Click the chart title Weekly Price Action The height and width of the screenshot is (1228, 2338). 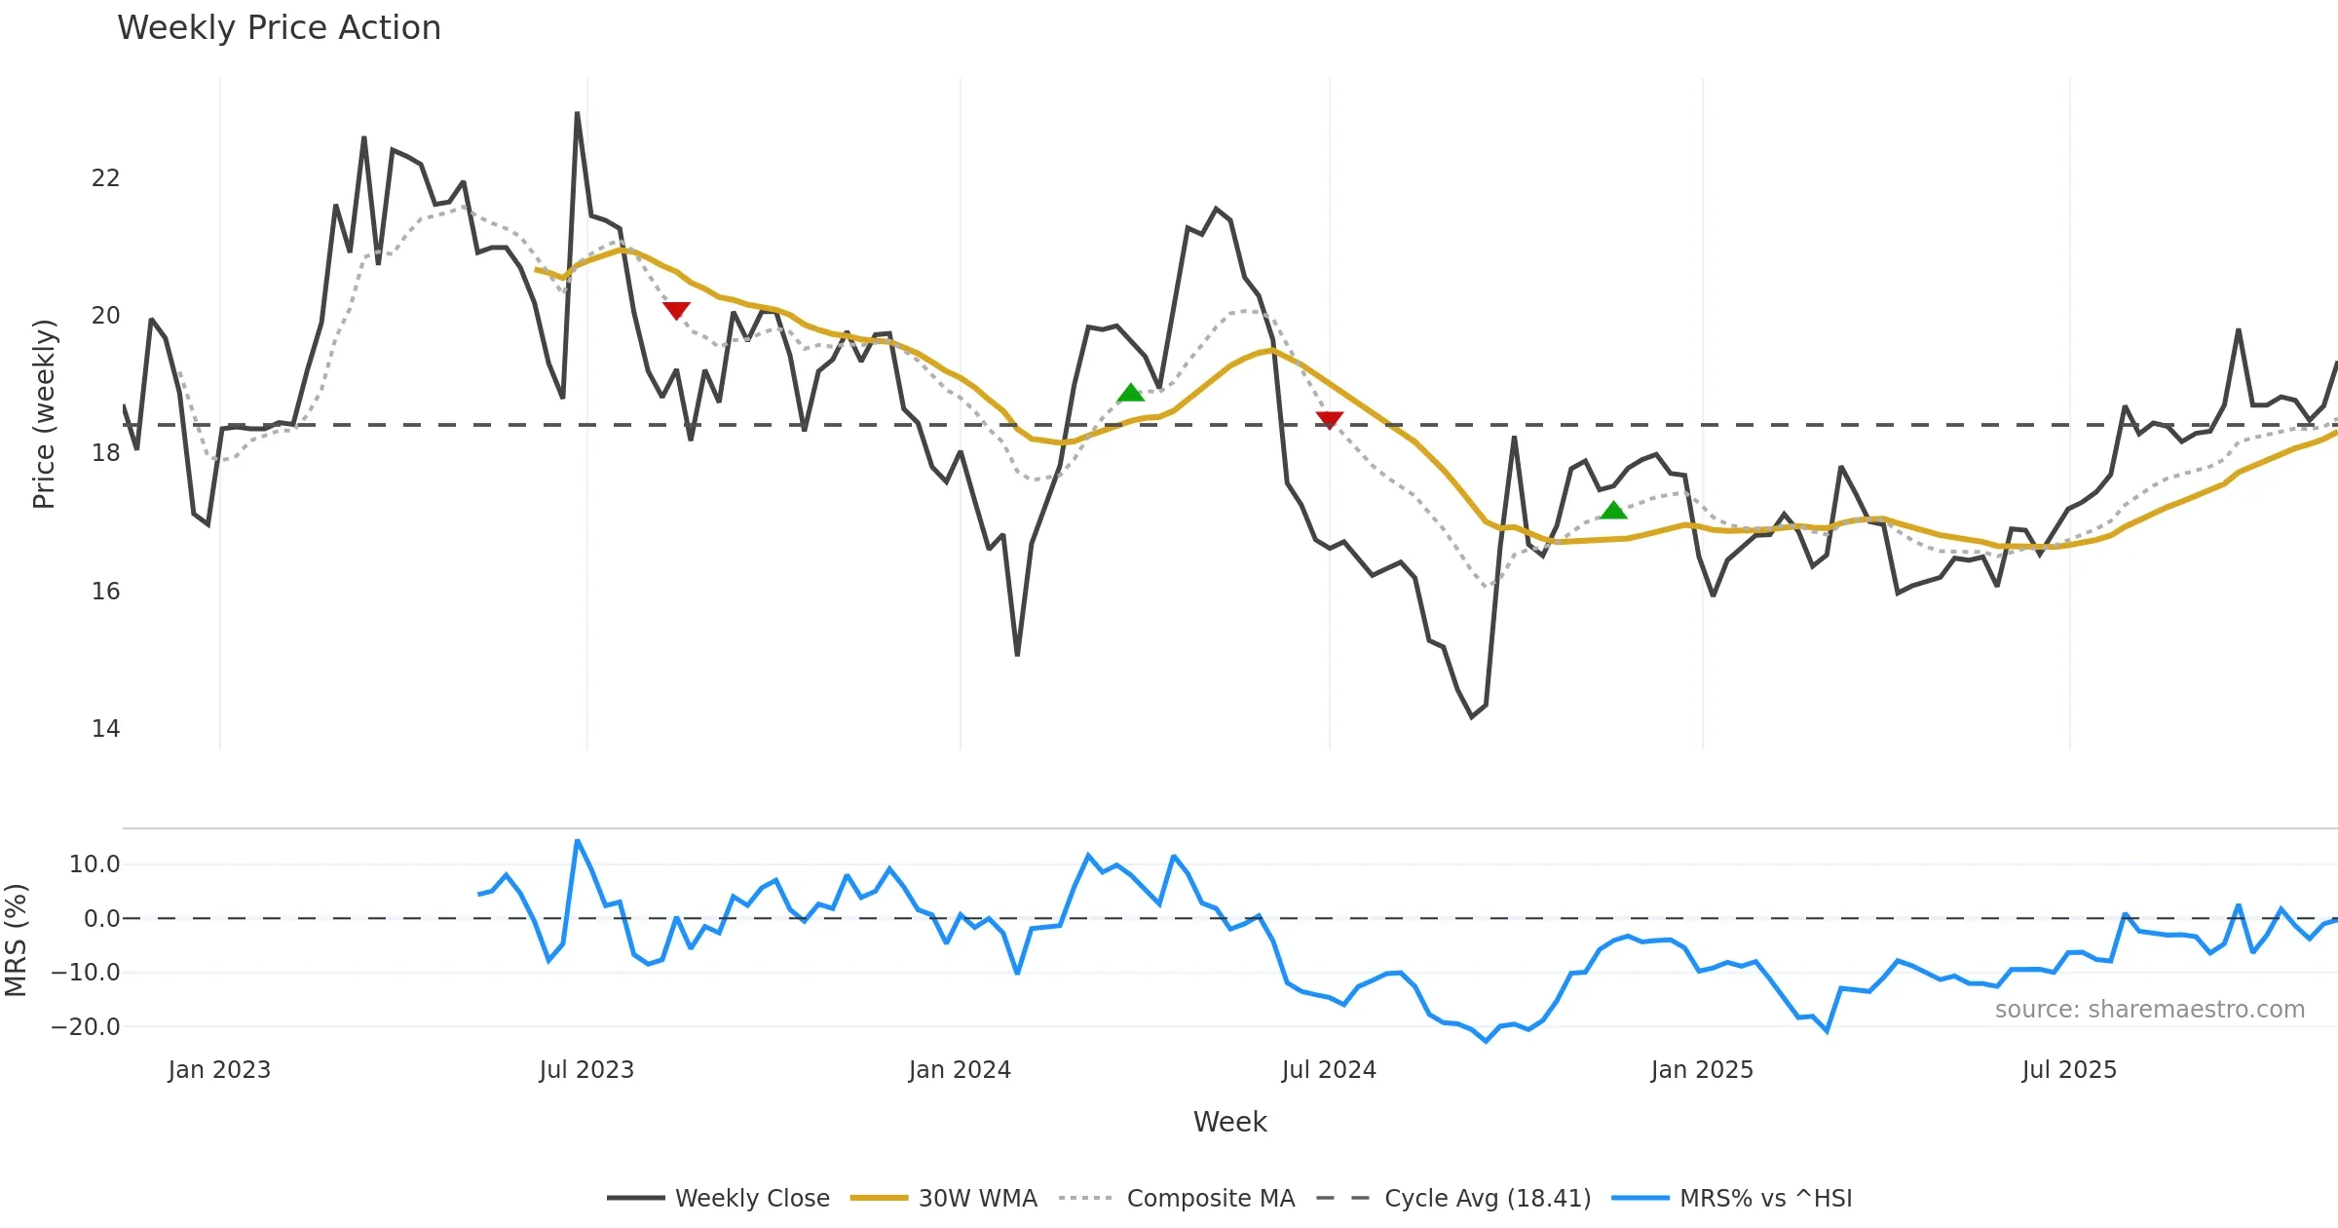(279, 28)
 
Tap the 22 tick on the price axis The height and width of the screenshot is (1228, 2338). (105, 178)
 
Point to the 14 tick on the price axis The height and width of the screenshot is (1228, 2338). (105, 729)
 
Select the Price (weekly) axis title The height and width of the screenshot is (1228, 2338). (45, 414)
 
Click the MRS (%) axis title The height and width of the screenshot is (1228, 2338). (16, 940)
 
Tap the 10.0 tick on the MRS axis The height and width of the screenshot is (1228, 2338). (94, 864)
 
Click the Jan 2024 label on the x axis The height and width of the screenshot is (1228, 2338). (960, 1070)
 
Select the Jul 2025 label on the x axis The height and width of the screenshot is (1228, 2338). (2069, 1070)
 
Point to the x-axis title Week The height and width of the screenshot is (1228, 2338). (1229, 1123)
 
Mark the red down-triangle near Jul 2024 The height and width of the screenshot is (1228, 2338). (1330, 420)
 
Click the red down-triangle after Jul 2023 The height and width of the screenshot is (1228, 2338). (676, 310)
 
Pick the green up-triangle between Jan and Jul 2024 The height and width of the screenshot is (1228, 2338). (1130, 393)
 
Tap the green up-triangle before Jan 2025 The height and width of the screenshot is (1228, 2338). (1613, 510)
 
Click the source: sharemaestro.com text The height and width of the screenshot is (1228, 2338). (2149, 1010)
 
